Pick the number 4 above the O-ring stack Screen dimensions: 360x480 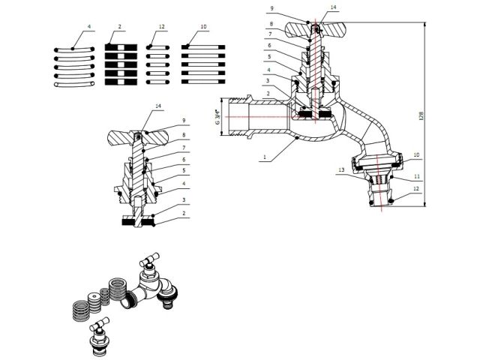pyautogui.click(x=89, y=27)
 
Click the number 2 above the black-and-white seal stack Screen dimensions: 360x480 pyautogui.click(x=119, y=27)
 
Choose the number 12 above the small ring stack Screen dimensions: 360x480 pyautogui.click(x=161, y=27)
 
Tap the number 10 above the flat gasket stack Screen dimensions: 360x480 pyautogui.click(x=203, y=27)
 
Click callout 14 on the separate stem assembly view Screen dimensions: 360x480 pyautogui.click(x=158, y=106)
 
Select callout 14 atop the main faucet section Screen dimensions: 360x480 pyautogui.click(x=334, y=7)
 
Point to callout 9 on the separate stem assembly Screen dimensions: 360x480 pyautogui.click(x=182, y=121)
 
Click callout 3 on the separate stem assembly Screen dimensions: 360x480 pyautogui.click(x=182, y=200)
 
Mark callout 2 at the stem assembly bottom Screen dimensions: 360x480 pyautogui.click(x=182, y=213)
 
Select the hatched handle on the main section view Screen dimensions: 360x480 pyautogui.click(x=316, y=29)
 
